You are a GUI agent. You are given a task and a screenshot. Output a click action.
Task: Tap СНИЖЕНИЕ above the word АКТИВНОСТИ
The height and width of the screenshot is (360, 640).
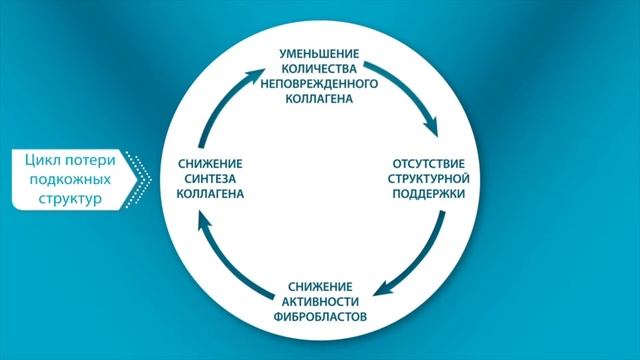pos(318,287)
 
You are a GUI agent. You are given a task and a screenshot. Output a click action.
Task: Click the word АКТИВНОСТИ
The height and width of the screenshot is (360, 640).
pos(318,301)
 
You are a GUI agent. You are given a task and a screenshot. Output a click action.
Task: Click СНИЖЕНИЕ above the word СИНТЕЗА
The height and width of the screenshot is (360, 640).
pos(209,162)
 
